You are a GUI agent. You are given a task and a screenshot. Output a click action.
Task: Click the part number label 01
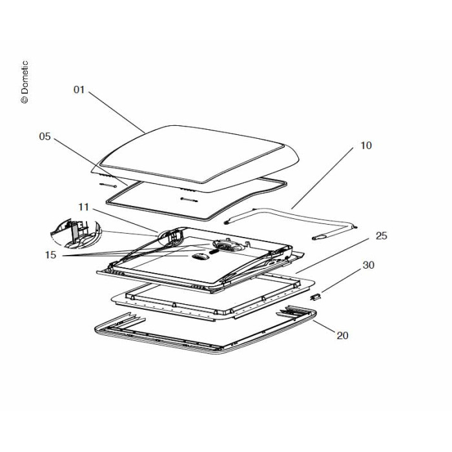coord(79,90)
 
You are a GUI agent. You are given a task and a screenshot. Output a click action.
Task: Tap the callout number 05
coord(45,136)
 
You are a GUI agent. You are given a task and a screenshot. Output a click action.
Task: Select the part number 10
coord(366,145)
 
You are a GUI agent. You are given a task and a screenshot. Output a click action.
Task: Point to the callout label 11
coord(83,207)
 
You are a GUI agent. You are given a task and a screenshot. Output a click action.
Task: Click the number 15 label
coord(51,254)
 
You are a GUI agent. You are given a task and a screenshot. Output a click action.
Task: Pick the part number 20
coord(342,335)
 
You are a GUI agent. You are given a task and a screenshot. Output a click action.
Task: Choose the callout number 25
coord(382,236)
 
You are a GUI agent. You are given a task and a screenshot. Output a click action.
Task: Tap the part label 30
coord(385,265)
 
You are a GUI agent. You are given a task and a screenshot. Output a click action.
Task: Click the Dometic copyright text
coord(25,82)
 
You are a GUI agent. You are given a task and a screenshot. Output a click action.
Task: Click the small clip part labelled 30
coord(316,296)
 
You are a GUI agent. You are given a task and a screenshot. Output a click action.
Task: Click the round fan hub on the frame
coord(227,245)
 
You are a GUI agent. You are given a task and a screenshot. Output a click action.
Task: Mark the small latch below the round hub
coord(199,256)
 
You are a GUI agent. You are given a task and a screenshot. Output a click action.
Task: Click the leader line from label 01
coord(116,112)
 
